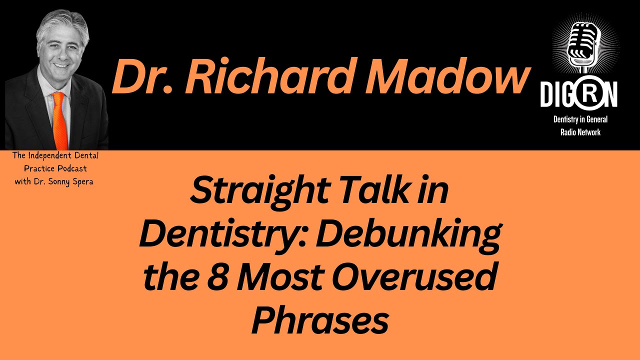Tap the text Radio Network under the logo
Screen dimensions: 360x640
pyautogui.click(x=580, y=132)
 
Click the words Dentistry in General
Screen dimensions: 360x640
pyautogui.click(x=580, y=120)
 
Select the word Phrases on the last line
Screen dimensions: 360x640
pyautogui.click(x=320, y=320)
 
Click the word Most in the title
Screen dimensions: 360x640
pyautogui.click(x=283, y=277)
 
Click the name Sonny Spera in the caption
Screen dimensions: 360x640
pyautogui.click(x=72, y=181)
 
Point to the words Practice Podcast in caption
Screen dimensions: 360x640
pyautogui.click(x=55, y=168)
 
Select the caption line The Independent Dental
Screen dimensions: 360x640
pyautogui.click(x=55, y=156)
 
